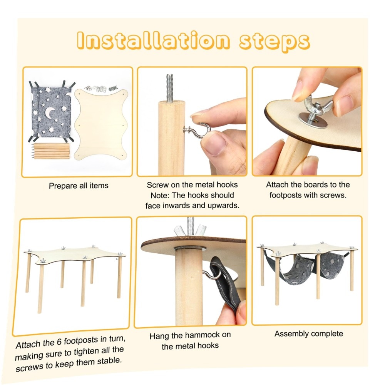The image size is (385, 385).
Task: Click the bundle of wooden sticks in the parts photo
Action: pyautogui.click(x=50, y=151)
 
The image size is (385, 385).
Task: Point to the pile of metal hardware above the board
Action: pyautogui.click(x=101, y=89)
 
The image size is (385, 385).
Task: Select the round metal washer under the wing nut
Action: pyautogui.click(x=313, y=120)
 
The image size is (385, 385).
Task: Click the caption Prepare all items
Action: pyautogui.click(x=79, y=186)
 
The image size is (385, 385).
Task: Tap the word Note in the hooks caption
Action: pyautogui.click(x=159, y=196)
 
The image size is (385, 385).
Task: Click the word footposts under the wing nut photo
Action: pyautogui.click(x=286, y=196)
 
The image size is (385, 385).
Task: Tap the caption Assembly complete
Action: pyautogui.click(x=309, y=334)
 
